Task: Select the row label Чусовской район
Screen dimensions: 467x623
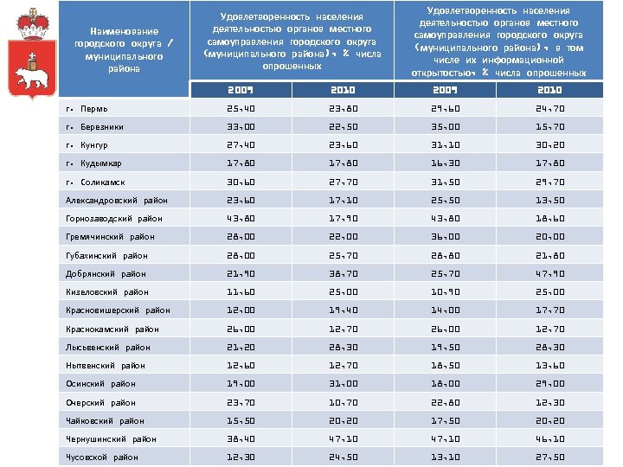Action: [x=102, y=457]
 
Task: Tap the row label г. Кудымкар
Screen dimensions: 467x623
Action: [x=94, y=163]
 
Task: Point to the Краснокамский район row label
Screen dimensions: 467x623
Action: [x=112, y=329]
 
